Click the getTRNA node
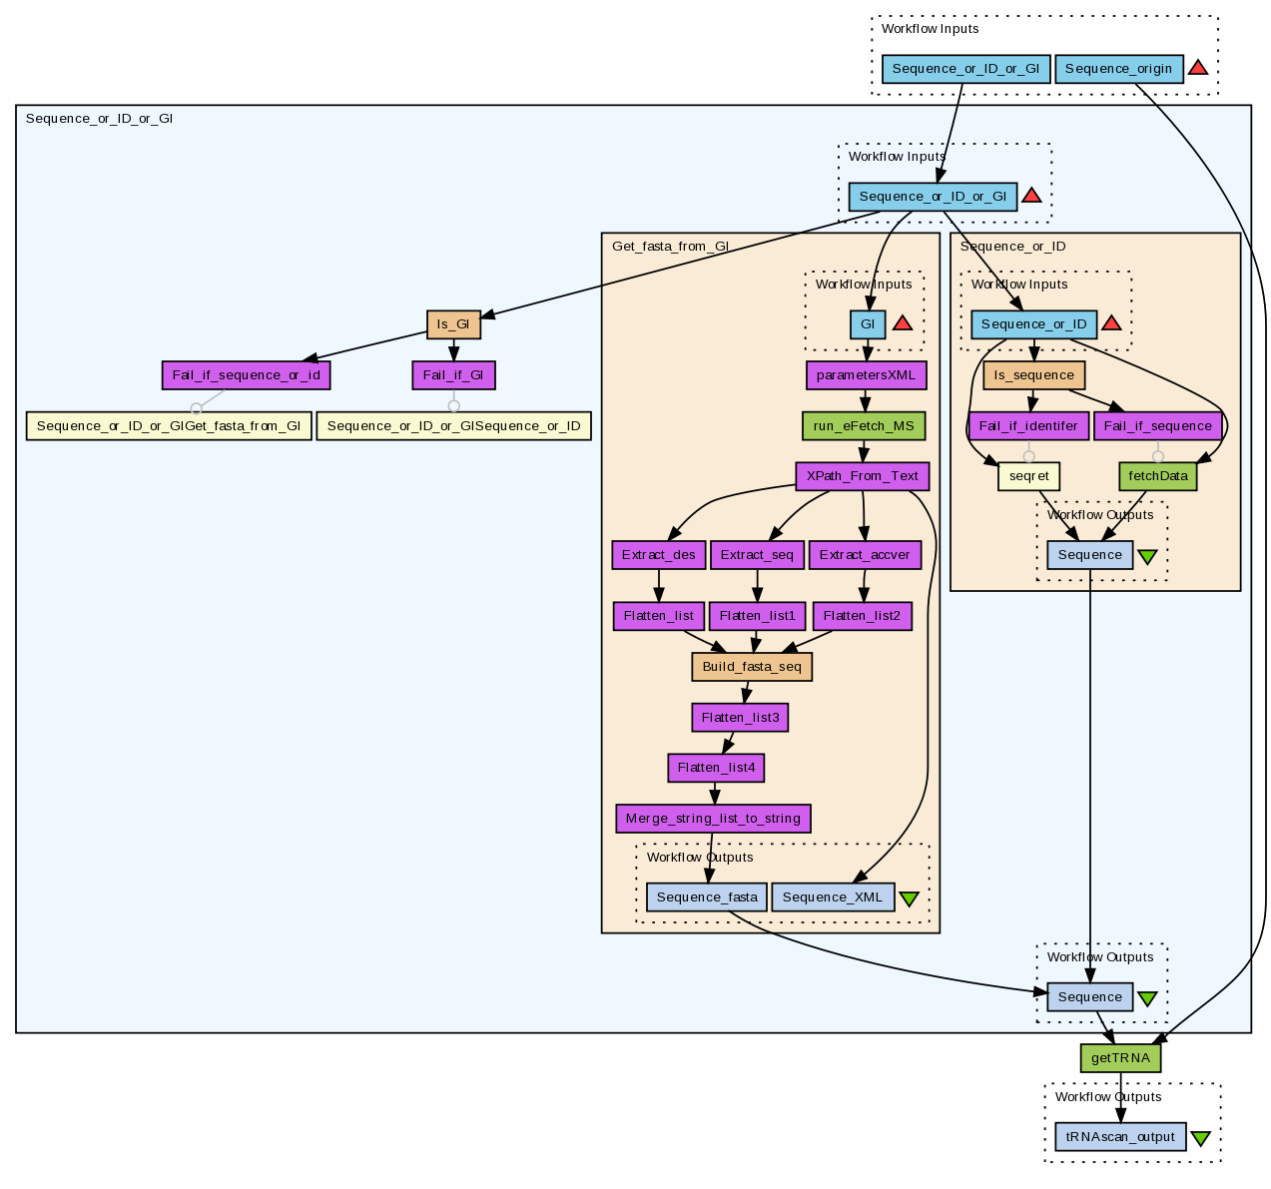[1120, 1058]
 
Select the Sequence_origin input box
[1118, 69]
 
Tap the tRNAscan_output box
[1120, 1137]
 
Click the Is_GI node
[453, 324]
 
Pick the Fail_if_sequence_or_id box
[246, 375]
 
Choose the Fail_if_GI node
[453, 375]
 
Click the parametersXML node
[866, 375]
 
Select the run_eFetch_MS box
[864, 426]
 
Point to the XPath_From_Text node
[862, 476]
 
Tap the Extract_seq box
[757, 555]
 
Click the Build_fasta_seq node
[752, 667]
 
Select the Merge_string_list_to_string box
[713, 819]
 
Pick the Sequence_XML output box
[833, 897]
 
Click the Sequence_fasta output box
[707, 897]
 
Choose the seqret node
[1028, 476]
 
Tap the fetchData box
[1158, 476]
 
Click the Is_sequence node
[1034, 375]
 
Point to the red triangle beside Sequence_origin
[1198, 68]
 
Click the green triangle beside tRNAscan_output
[1200, 1138]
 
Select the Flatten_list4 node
[717, 768]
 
